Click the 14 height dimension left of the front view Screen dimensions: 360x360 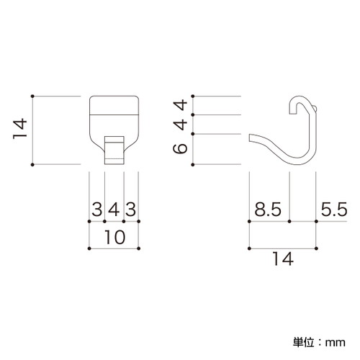[x=20, y=128]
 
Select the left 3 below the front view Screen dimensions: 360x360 [x=97, y=210]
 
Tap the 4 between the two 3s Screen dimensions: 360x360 [x=114, y=210]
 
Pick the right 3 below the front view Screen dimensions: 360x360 [x=131, y=210]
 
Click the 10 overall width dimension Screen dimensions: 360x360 [x=115, y=237]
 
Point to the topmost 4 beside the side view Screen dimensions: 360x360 [x=180, y=105]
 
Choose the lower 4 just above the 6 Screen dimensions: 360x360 [x=180, y=125]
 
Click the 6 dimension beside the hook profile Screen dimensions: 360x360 [x=180, y=148]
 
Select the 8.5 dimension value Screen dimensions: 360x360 [x=268, y=210]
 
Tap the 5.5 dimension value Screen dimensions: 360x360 [x=334, y=210]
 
